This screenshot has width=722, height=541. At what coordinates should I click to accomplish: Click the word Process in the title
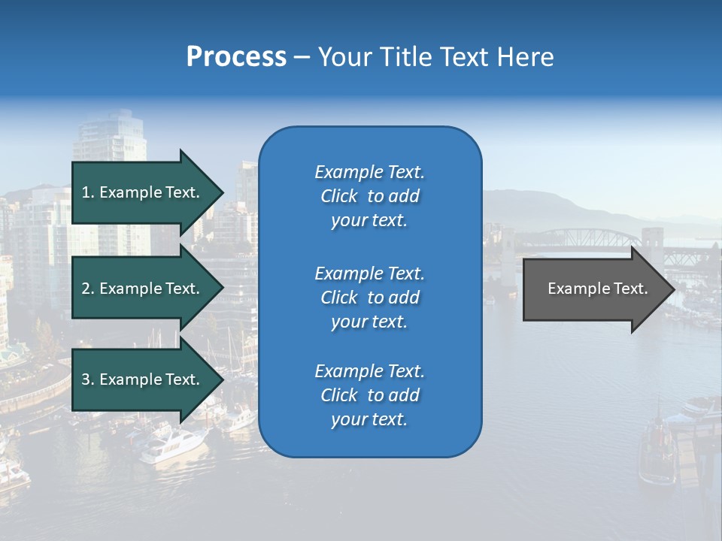tap(236, 57)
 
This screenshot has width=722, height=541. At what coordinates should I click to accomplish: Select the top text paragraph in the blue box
tap(369, 196)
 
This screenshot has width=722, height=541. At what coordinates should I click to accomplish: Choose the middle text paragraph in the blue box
tap(369, 298)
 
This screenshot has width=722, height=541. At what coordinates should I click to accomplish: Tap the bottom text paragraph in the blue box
tap(369, 395)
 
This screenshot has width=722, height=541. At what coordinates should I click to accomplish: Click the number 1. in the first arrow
tap(87, 192)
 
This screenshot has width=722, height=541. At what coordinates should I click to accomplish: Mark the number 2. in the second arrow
tap(87, 289)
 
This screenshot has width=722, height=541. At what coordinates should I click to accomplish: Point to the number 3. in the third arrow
tap(87, 379)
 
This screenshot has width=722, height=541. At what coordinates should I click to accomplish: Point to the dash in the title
tap(302, 58)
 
